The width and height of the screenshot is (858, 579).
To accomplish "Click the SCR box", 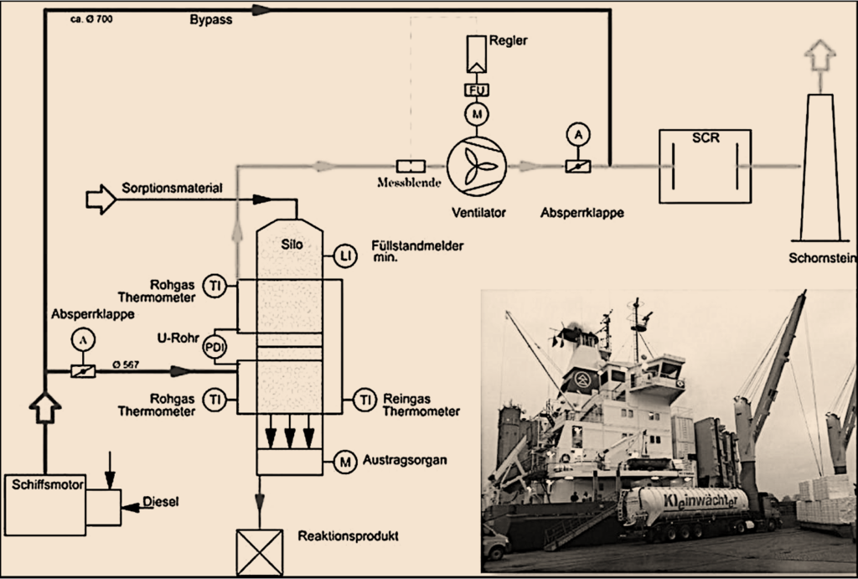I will tap(705, 166).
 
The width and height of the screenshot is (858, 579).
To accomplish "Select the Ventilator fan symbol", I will tap(476, 166).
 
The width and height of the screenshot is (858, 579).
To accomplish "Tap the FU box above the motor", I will tap(476, 90).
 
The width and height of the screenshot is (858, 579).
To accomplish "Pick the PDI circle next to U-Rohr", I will tap(215, 346).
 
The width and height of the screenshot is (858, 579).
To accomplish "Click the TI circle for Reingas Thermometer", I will tap(364, 401).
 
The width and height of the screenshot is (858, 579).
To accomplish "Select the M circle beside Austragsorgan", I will tap(344, 460).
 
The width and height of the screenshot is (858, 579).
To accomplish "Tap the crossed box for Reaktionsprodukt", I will tap(259, 551).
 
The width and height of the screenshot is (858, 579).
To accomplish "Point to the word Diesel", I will tap(161, 503).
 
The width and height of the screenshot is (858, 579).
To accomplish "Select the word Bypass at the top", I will tap(210, 19).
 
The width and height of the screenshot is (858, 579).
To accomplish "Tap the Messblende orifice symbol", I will tap(411, 166).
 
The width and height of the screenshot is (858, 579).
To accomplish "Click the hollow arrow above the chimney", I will tap(820, 58).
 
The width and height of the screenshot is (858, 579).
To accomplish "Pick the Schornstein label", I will tap(822, 258).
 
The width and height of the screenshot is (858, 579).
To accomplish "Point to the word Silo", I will tap(289, 245).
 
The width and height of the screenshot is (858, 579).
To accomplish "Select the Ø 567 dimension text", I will tap(127, 363).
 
